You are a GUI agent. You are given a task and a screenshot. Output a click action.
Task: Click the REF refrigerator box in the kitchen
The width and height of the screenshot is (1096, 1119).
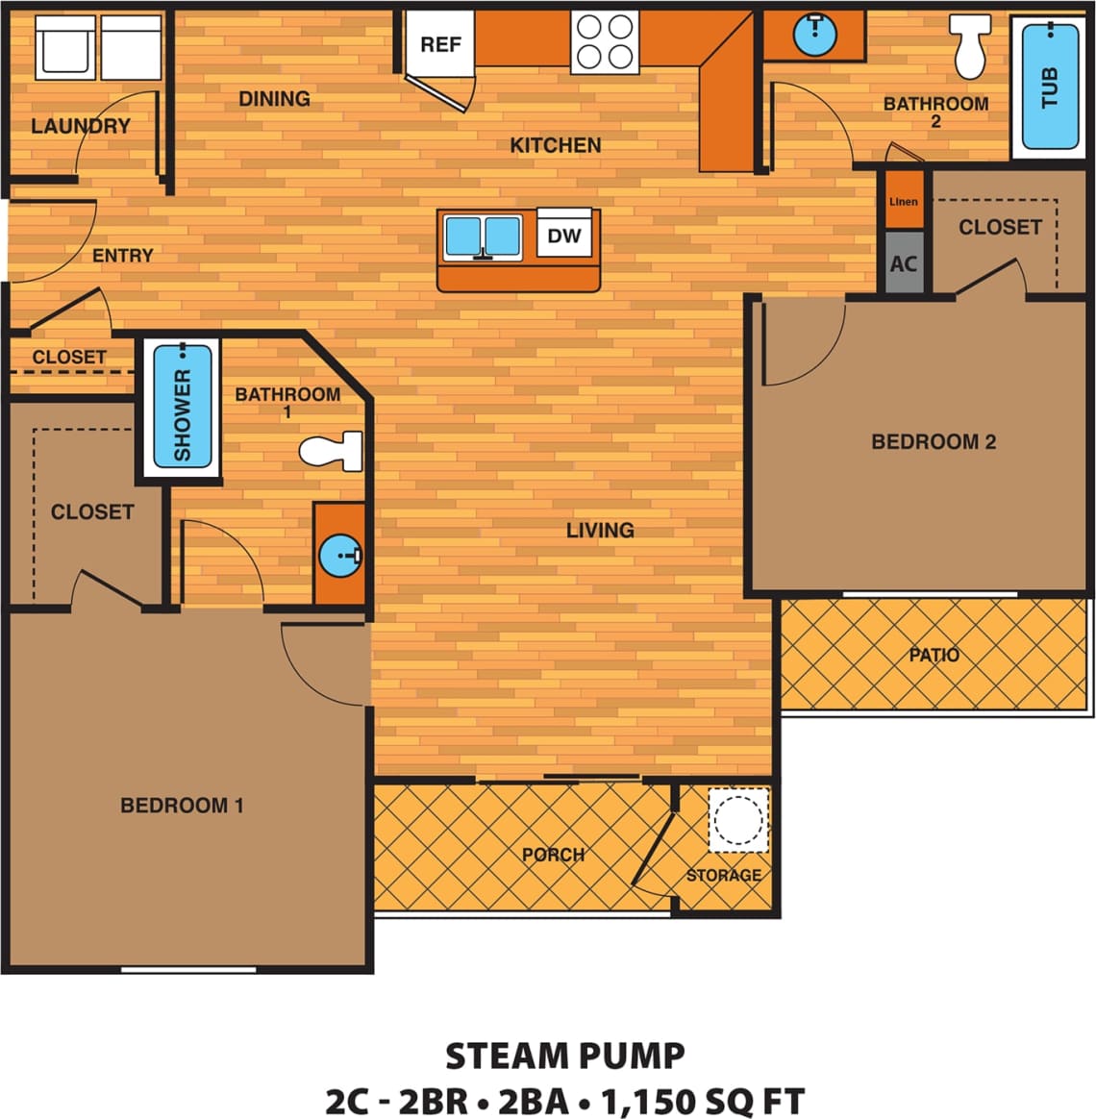tap(440, 44)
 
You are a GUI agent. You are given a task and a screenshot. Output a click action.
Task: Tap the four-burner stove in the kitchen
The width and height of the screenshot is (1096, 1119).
tap(605, 42)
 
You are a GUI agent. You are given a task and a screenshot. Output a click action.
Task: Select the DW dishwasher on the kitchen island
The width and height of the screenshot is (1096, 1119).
tap(563, 235)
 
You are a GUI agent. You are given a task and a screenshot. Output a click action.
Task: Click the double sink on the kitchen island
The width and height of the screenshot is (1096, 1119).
tap(483, 236)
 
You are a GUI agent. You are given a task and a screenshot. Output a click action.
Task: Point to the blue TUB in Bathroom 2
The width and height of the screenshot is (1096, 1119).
tap(1050, 87)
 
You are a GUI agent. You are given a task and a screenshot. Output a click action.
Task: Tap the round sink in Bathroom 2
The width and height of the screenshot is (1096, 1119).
tap(814, 36)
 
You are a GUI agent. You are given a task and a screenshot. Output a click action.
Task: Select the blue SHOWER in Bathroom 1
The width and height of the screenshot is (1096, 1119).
tap(182, 406)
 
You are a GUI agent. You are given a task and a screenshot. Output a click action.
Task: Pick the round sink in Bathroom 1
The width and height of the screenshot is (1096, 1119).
tap(339, 555)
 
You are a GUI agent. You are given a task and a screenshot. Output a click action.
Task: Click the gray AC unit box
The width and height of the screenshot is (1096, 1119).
tap(903, 263)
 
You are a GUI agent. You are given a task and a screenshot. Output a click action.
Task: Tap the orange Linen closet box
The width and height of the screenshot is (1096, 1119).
tap(903, 201)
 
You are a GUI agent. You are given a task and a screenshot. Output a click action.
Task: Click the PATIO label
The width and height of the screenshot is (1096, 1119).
tap(934, 656)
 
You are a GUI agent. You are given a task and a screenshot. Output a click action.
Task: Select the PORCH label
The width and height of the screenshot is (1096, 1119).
tap(553, 855)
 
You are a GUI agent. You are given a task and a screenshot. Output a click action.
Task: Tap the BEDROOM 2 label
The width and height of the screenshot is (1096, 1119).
tap(933, 442)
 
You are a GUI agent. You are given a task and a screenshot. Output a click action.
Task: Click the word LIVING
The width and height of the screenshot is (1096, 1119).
tap(599, 530)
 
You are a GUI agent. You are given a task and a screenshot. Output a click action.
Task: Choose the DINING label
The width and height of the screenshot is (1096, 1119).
tap(274, 99)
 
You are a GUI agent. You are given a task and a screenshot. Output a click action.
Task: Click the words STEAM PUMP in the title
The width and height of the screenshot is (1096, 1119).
tap(564, 1056)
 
